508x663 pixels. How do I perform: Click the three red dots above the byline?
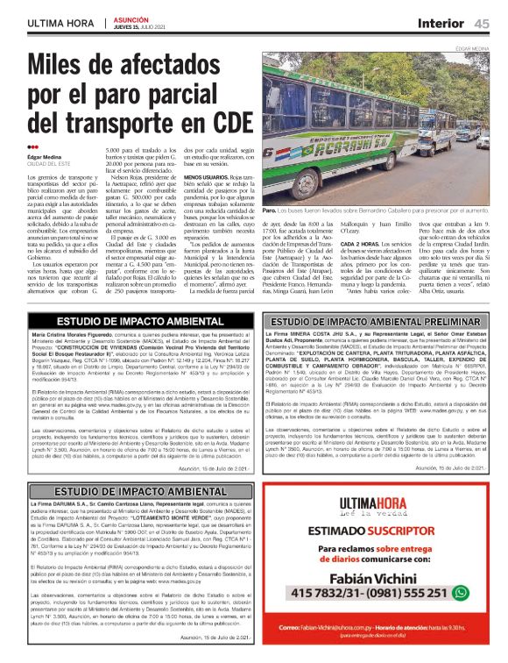click(32, 146)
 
